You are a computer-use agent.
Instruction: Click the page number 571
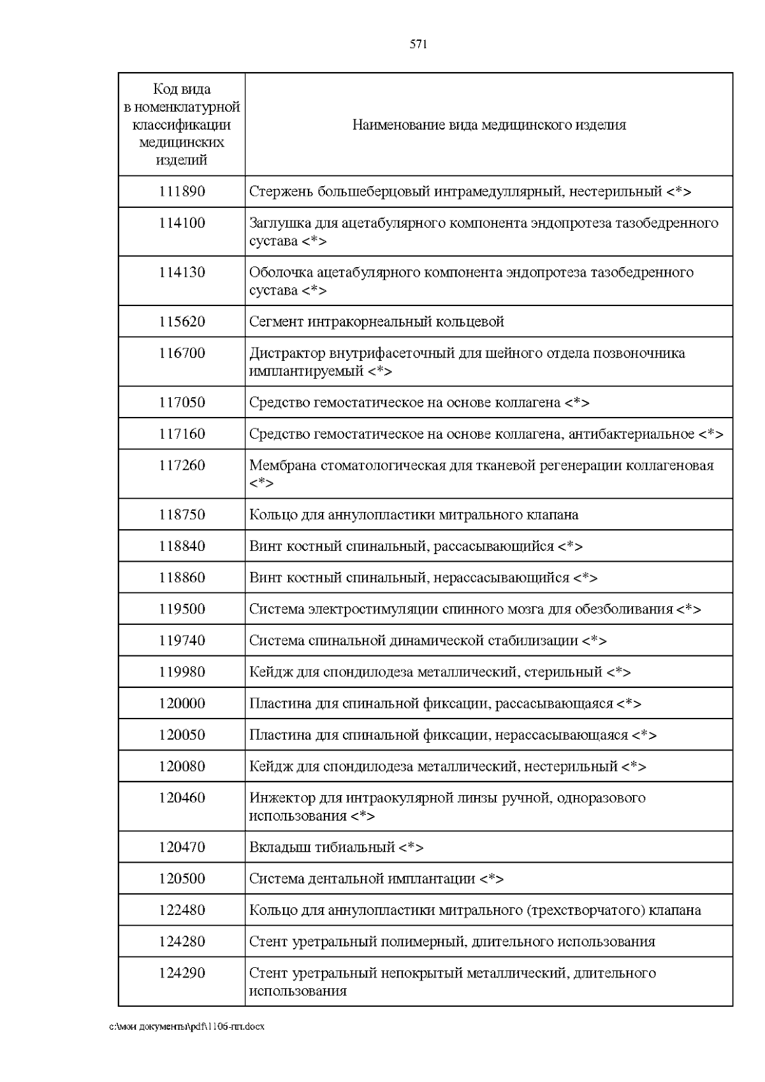(x=418, y=44)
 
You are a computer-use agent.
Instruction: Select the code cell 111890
(x=182, y=191)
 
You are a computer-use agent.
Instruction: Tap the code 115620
(x=182, y=321)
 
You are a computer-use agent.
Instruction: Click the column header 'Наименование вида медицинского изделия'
(x=489, y=124)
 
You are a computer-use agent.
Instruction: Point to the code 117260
(x=182, y=465)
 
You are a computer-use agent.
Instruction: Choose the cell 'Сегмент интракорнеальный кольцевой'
(x=376, y=321)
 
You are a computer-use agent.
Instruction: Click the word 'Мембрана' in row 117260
(x=279, y=465)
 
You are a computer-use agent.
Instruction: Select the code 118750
(x=182, y=515)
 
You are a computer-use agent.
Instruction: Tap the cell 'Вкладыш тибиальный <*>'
(x=336, y=847)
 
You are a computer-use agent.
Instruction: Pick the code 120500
(x=182, y=879)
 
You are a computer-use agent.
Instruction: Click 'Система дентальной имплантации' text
(x=362, y=879)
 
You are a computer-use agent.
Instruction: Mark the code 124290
(x=182, y=973)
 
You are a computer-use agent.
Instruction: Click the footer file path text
(x=187, y=1027)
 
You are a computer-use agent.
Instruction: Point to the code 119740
(x=182, y=640)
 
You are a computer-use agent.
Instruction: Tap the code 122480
(x=182, y=910)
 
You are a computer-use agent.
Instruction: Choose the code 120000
(x=182, y=703)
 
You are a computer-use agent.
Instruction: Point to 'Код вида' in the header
(x=182, y=89)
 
